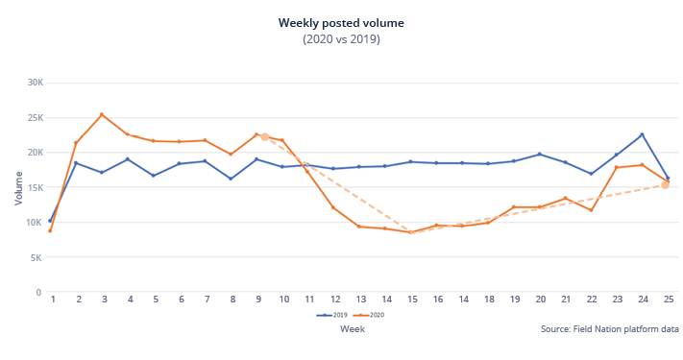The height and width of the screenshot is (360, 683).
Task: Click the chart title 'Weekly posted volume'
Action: click(x=341, y=22)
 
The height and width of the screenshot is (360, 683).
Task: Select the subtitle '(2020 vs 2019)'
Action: click(x=341, y=39)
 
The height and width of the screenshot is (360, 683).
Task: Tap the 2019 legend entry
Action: click(x=332, y=314)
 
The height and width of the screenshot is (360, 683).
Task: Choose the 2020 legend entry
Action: click(x=362, y=314)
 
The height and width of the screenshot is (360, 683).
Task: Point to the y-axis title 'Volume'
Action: click(x=18, y=187)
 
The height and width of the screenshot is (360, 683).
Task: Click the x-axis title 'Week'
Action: click(x=352, y=328)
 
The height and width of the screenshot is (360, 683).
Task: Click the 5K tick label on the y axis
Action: click(x=36, y=257)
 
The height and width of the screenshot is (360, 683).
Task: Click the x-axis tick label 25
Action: click(x=668, y=300)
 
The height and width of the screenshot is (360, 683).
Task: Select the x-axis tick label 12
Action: click(x=333, y=300)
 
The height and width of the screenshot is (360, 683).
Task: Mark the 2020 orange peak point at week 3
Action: click(x=102, y=114)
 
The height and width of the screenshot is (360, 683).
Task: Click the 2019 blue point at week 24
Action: click(x=642, y=134)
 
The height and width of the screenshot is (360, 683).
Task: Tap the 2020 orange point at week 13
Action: click(x=359, y=227)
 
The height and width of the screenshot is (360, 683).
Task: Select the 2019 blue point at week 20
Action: click(x=539, y=154)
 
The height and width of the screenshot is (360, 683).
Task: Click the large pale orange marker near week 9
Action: click(x=265, y=137)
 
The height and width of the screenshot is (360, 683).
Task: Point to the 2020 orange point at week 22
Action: click(x=591, y=210)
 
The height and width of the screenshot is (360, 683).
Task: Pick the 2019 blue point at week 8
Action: click(x=231, y=179)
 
